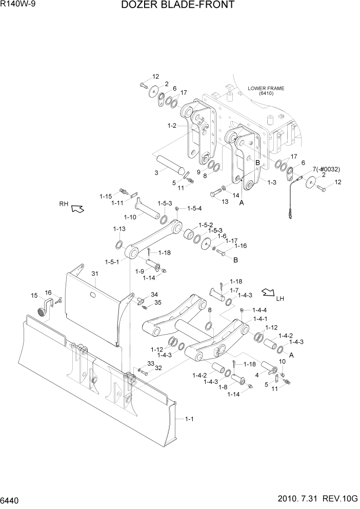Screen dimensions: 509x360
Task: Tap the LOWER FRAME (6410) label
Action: pos(266,91)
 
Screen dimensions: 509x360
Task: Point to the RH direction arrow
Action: pos(77,208)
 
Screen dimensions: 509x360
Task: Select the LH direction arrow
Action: pos(268,293)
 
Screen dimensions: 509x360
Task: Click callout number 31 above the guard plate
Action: pos(94,273)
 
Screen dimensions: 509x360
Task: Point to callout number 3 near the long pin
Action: pos(156,174)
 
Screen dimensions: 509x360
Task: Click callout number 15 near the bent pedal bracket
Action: pos(35,295)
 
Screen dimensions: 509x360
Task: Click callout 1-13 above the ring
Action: pos(119,229)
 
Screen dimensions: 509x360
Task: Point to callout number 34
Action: pos(154,295)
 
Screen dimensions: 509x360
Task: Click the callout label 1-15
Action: pos(106,197)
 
